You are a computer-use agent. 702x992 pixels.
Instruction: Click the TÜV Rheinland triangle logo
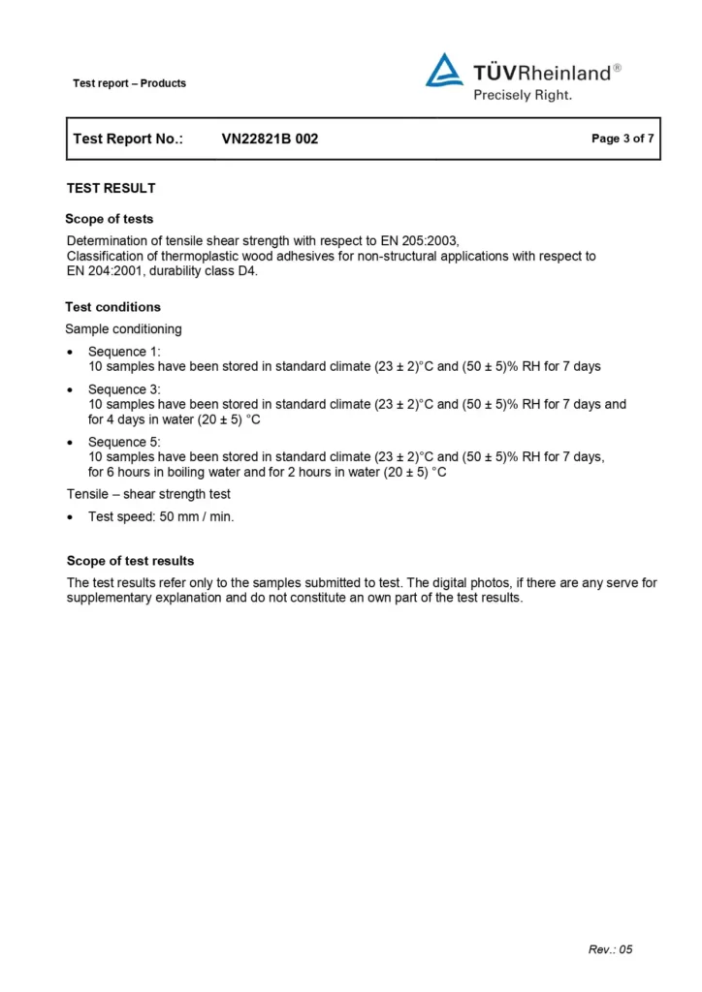[x=444, y=71]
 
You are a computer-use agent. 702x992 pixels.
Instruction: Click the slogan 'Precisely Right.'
[x=523, y=95]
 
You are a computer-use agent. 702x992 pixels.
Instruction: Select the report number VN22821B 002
[x=270, y=139]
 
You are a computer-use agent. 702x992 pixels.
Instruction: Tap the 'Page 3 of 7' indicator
[x=622, y=139]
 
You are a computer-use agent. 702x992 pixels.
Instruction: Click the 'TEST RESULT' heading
[x=111, y=188]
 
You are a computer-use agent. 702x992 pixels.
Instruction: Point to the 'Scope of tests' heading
[x=109, y=219]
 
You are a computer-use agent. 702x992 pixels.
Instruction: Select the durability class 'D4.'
[x=247, y=271]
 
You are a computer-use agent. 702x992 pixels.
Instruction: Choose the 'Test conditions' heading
[x=112, y=307]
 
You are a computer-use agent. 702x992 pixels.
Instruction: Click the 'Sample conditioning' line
[x=123, y=328]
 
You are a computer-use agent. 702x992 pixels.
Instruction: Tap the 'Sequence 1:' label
[x=124, y=351]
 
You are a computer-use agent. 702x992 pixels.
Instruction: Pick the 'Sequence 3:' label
[x=124, y=389]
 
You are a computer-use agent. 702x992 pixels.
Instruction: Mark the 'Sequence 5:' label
[x=124, y=442]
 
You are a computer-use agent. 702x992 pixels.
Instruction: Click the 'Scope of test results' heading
[x=130, y=561]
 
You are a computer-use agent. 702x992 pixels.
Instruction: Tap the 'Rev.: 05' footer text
[x=610, y=949]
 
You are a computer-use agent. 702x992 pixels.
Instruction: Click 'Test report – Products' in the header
[x=129, y=83]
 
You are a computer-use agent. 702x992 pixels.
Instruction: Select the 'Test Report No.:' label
[x=128, y=139]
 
